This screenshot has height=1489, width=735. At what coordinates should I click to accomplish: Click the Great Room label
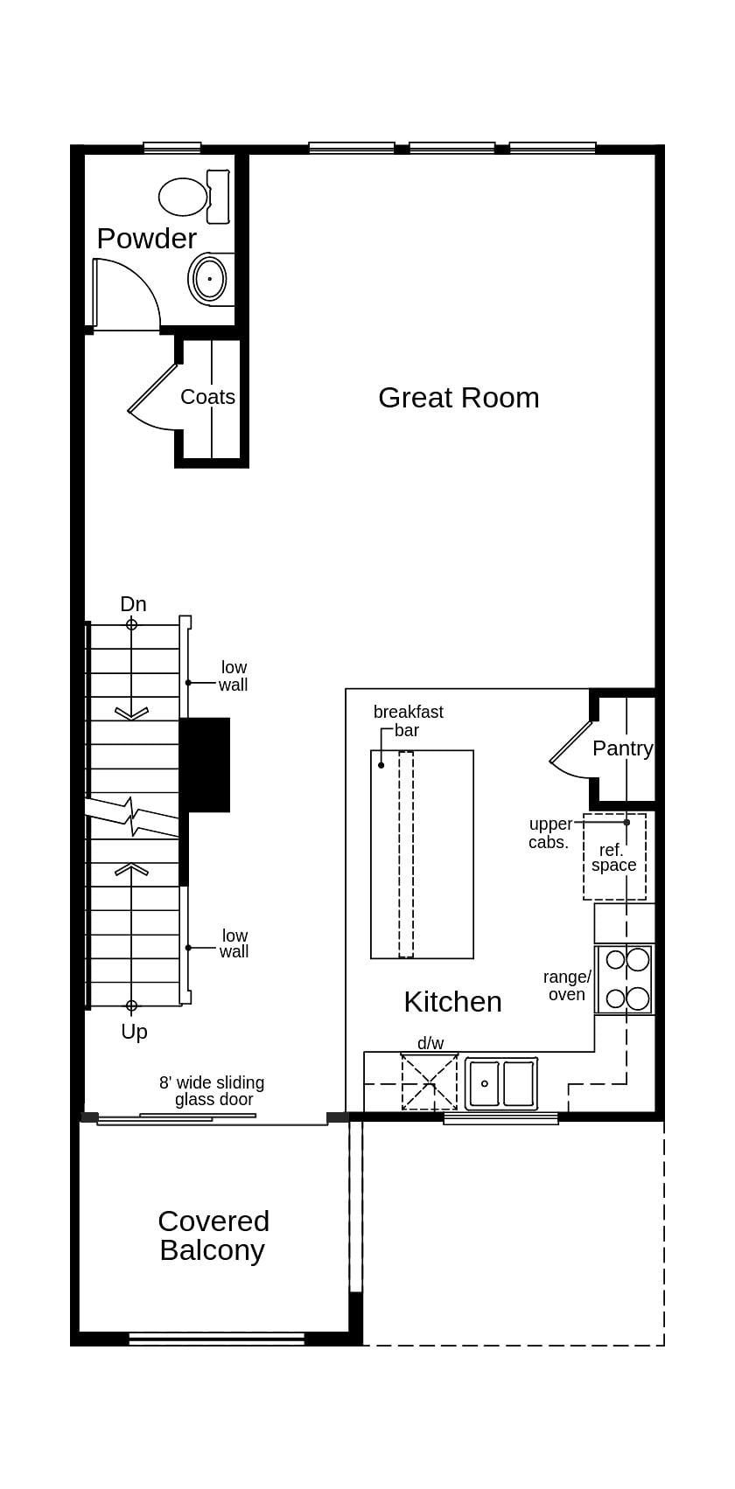pyautogui.click(x=458, y=398)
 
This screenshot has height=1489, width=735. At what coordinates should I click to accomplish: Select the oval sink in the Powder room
pyautogui.click(x=209, y=279)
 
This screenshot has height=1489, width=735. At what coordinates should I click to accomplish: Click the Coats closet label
pyautogui.click(x=207, y=397)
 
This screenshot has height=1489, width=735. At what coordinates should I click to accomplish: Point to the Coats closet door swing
pyautogui.click(x=156, y=402)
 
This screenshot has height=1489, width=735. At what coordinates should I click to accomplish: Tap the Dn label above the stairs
pyautogui.click(x=133, y=604)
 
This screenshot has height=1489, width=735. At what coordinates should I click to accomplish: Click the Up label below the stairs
pyautogui.click(x=134, y=1032)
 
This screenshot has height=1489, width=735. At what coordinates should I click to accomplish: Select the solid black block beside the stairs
pyautogui.click(x=206, y=764)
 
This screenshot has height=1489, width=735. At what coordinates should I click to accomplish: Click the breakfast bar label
pyautogui.click(x=408, y=720)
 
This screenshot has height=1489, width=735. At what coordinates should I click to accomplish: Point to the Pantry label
pyautogui.click(x=622, y=748)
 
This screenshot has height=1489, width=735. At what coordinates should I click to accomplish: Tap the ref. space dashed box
pyautogui.click(x=614, y=857)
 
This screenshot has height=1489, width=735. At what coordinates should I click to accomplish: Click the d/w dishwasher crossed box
pyautogui.click(x=429, y=1082)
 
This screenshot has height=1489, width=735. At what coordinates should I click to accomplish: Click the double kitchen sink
pyautogui.click(x=500, y=1083)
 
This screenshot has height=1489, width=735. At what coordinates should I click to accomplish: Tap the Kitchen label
pyautogui.click(x=452, y=1002)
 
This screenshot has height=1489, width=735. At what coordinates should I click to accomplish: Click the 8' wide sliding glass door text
pyautogui.click(x=212, y=1090)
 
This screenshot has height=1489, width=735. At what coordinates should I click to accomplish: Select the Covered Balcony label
pyautogui.click(x=213, y=1235)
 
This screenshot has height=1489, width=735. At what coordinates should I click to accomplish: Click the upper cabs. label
pyautogui.click(x=549, y=833)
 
